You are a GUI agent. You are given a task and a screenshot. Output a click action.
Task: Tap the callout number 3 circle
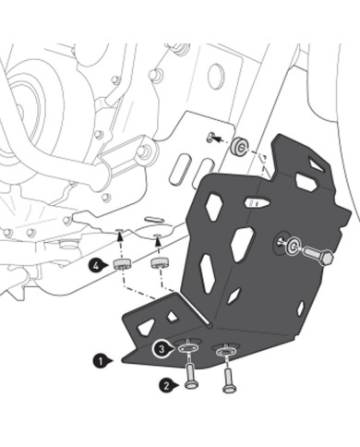161,349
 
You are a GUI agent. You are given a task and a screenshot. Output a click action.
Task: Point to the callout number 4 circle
97,264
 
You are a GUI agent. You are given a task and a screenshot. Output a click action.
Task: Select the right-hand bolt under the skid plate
228,377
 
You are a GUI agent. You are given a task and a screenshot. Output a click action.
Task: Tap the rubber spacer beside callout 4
120,267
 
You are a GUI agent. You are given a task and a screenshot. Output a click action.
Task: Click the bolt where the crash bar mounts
143,151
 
